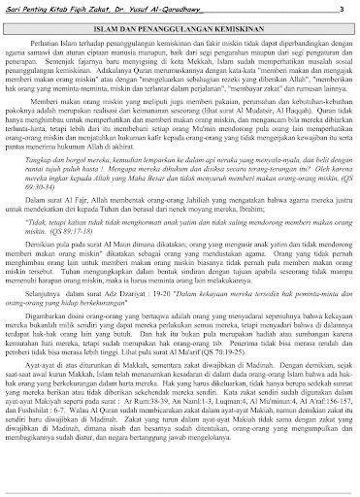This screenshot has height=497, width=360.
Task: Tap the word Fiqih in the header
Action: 76,9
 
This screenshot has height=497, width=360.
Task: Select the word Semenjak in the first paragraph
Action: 76,64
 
